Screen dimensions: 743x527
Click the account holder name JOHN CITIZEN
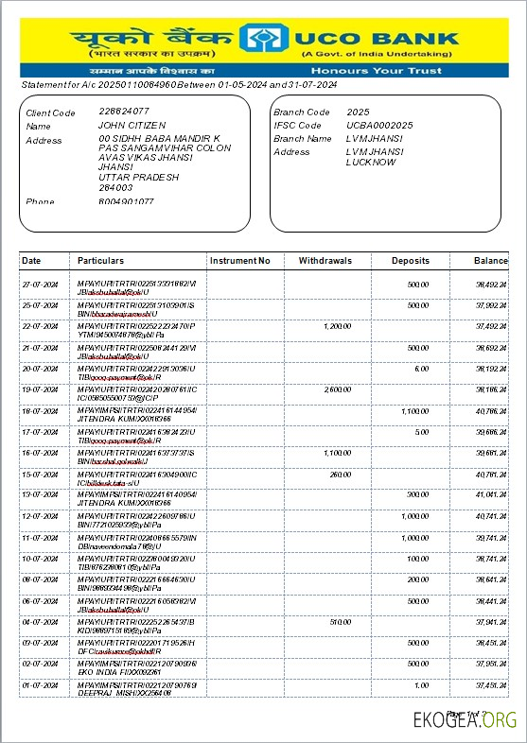tap(132, 125)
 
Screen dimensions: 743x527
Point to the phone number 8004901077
tap(126, 201)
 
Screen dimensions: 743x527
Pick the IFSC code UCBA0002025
tap(379, 125)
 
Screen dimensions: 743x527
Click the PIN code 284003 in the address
tap(115, 186)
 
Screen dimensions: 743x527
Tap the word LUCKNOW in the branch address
tap(371, 163)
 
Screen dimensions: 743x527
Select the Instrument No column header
tap(239, 260)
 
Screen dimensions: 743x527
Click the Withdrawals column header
tap(325, 260)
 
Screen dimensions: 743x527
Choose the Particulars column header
tap(101, 260)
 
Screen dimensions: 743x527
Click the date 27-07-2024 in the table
tap(41, 284)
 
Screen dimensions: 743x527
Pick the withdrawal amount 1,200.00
tap(337, 325)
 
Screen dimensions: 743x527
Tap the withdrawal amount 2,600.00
tap(337, 389)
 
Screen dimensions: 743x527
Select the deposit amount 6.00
tap(421, 368)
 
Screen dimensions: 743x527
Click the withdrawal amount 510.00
tap(340, 621)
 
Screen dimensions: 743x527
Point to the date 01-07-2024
tap(41, 684)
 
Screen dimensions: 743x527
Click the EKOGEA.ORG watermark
tap(465, 720)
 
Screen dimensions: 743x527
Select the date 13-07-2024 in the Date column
tap(41, 494)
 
